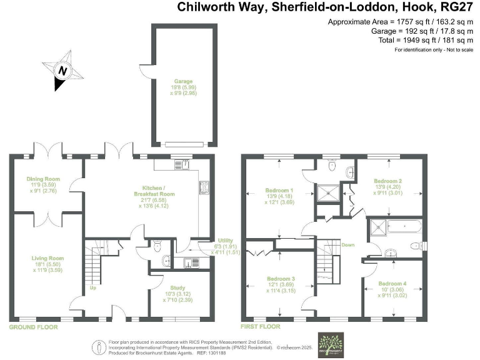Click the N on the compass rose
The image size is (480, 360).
point(62,71)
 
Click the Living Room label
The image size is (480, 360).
point(48,257)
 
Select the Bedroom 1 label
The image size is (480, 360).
point(279,190)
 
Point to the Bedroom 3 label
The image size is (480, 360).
point(279,278)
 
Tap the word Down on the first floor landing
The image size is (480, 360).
point(348,245)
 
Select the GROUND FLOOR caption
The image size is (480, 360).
point(33,327)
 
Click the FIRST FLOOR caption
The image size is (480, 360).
point(261,327)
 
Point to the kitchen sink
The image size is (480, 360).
point(182,165)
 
